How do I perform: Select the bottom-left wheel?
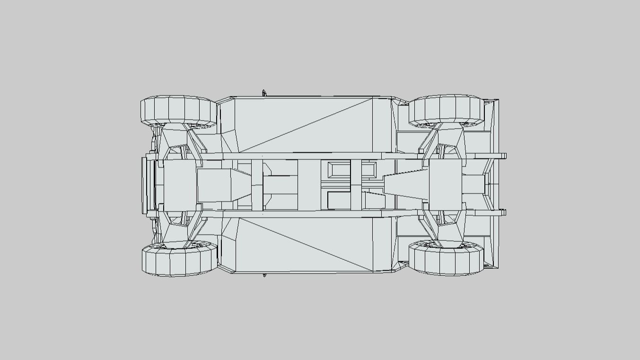click(x=178, y=260)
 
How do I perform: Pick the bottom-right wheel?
click(x=447, y=259)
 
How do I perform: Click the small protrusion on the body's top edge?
click(x=264, y=93)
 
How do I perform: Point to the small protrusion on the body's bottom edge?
click(x=264, y=275)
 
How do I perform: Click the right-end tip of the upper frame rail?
click(x=504, y=156)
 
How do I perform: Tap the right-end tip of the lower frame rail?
click(x=504, y=212)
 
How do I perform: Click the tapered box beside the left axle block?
click(x=222, y=184)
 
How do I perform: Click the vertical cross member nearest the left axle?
click(x=257, y=184)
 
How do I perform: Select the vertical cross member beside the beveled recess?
click(x=356, y=184)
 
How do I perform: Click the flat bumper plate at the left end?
click(x=144, y=184)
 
